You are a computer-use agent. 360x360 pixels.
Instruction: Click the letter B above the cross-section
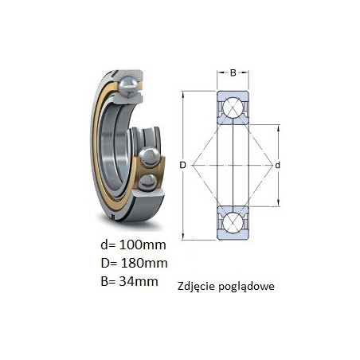[233, 72]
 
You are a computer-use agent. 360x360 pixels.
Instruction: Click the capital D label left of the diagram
[182, 165]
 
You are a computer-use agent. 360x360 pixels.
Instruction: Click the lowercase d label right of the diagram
[277, 165]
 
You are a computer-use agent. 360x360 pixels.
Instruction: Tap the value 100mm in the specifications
[143, 245]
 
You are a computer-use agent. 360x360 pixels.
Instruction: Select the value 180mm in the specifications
[144, 263]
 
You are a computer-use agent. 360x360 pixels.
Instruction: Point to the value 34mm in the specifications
[139, 281]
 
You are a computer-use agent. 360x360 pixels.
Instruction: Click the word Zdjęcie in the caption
[197, 287]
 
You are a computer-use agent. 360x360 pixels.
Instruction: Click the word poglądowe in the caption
[247, 287]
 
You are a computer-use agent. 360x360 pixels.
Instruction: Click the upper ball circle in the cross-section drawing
[233, 108]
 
